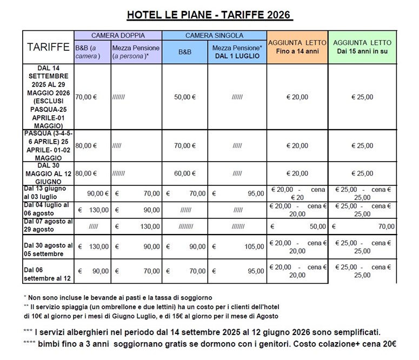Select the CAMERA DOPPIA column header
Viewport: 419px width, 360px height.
(117, 36)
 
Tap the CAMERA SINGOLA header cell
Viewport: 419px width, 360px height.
(214, 36)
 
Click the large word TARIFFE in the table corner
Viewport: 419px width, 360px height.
(48, 48)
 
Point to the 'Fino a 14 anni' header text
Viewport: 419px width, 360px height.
(297, 51)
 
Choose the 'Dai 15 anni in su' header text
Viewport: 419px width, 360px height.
(362, 51)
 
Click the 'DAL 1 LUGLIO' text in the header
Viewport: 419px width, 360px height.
(237, 56)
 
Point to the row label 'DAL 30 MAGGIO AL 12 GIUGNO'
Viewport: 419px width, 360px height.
(48, 174)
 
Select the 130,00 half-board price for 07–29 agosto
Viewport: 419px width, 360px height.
(149, 227)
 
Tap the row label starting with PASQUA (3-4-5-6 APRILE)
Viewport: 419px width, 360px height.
(48, 145)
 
